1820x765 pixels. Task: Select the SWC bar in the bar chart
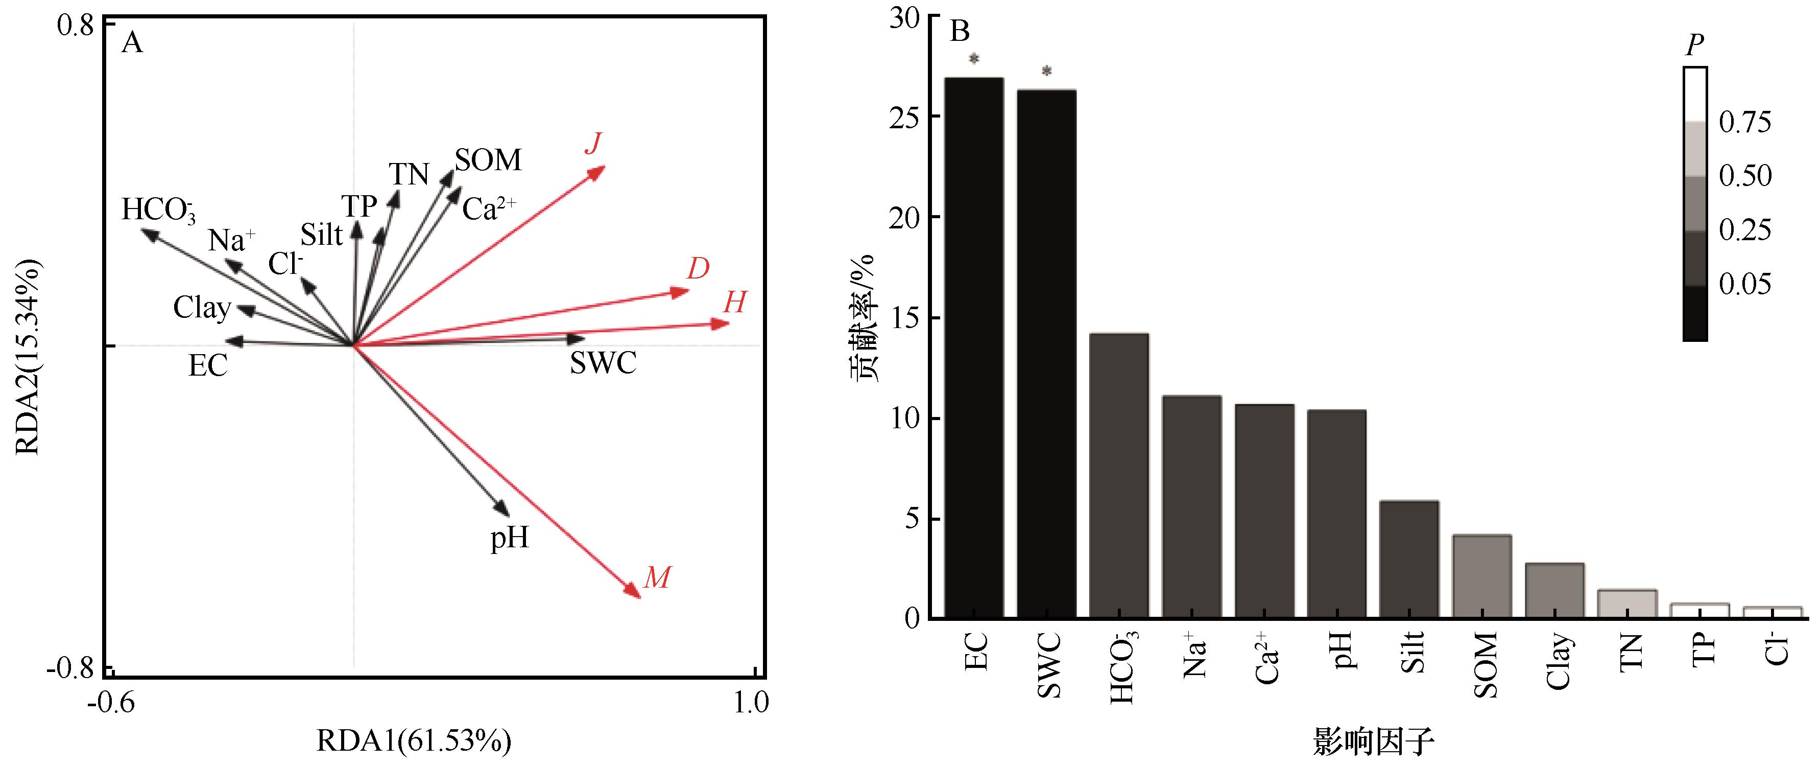tap(1046, 354)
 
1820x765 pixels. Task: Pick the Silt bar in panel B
tap(1409, 559)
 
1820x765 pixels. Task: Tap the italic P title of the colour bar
tap(1694, 47)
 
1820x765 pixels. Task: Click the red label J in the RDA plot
tap(593, 144)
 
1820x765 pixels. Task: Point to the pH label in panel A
tap(510, 539)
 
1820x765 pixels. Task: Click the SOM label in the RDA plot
tap(488, 160)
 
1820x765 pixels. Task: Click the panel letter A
tap(132, 44)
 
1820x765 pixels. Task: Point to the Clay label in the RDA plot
tap(202, 308)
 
